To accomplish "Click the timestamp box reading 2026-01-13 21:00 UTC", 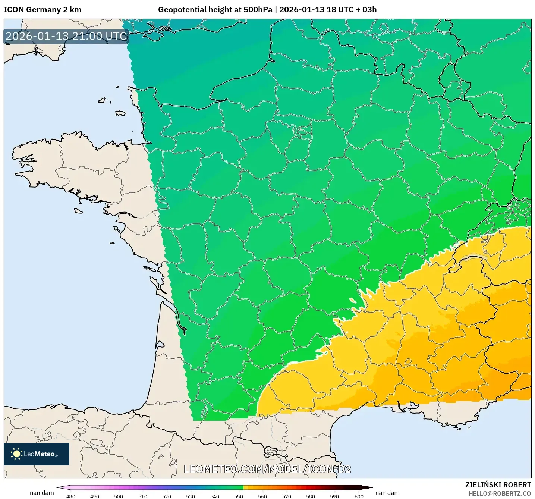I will coord(66,36).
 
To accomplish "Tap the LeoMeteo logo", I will coord(37,454).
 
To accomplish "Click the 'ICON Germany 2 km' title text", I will coord(43,10).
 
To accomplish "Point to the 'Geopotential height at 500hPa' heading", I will coord(215,10).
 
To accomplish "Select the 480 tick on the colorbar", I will coord(70,496).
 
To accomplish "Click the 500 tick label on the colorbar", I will coord(119,496).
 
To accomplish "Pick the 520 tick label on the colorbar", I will coord(167,496).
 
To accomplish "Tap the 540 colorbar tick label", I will coord(215,496).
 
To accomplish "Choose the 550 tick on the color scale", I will coord(239,496).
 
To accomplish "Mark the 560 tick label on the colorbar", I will coord(262,496).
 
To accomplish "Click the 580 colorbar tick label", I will coord(311,496).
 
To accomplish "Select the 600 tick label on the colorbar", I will coord(359,496).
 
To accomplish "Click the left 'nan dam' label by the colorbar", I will coord(42,493).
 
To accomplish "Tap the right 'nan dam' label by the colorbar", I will coord(387,493).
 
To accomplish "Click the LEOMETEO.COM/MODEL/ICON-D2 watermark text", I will coord(267,469).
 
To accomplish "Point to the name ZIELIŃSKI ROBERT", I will coord(498,485).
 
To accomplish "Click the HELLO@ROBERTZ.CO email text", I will coord(500,493).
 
